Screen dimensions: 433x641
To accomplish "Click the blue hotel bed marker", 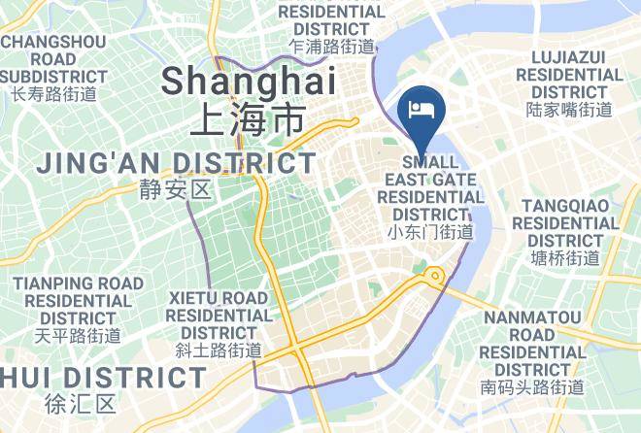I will (422, 109).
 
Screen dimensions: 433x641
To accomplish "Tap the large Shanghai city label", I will (249, 81).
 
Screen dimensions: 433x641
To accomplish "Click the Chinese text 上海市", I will (247, 118).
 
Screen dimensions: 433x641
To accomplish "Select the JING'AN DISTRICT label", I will (177, 163).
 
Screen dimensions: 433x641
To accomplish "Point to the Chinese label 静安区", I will (175, 189).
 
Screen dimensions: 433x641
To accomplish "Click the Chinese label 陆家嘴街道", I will (569, 110).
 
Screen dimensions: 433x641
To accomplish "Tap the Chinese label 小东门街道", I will (430, 232).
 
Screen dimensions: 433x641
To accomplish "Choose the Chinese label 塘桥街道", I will (566, 258).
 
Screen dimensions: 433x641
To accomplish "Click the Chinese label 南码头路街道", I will (533, 387).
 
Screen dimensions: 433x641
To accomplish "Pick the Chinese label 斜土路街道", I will (219, 350).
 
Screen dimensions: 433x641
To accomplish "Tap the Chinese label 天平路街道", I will (78, 336).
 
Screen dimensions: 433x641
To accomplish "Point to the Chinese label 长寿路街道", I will (53, 94).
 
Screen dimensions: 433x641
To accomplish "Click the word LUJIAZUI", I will (569, 56).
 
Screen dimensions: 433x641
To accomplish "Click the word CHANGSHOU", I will (52, 42).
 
